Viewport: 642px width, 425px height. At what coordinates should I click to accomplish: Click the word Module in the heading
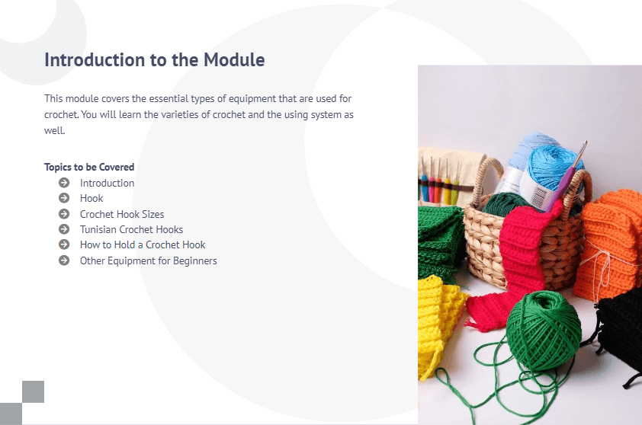click(234, 59)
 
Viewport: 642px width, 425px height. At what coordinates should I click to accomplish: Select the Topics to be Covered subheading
click(89, 167)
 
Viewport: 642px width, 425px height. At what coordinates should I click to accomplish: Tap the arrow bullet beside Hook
click(64, 198)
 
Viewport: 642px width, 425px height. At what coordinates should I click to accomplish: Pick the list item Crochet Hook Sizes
click(122, 214)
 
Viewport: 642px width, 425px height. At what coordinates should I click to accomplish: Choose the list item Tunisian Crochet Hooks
click(131, 229)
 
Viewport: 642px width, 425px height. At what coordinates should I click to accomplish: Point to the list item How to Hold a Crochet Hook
click(143, 244)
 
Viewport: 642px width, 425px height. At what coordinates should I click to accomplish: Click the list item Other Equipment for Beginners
click(148, 260)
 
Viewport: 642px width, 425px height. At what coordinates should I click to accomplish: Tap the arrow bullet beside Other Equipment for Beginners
click(64, 260)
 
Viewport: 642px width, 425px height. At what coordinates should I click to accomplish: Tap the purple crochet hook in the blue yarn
click(567, 176)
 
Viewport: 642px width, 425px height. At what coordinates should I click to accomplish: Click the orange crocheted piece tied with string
click(608, 245)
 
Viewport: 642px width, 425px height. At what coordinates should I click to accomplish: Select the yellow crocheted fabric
click(440, 323)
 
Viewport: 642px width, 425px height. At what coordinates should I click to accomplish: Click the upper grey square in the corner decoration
click(33, 391)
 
